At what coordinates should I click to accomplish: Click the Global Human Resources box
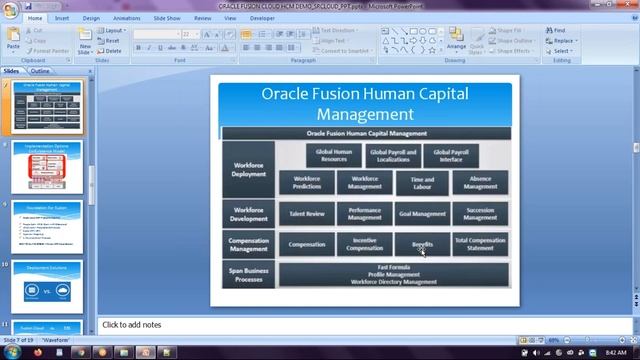[333, 155]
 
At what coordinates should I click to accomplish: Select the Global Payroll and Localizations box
[393, 155]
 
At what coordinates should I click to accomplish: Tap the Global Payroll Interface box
[451, 155]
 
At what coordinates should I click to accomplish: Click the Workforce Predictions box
[307, 182]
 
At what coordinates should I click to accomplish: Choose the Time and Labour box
[422, 182]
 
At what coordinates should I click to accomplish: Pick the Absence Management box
[480, 182]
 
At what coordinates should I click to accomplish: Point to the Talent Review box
[307, 213]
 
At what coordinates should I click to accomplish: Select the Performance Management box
[365, 213]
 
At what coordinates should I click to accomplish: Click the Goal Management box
[422, 213]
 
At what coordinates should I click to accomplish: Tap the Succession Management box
[480, 213]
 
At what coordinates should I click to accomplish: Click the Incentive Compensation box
[365, 244]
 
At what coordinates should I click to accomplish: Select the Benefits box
[422, 244]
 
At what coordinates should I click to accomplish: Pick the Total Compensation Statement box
[480, 244]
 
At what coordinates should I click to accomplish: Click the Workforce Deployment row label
[249, 168]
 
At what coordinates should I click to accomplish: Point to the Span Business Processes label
[249, 274]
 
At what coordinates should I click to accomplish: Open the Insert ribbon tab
[62, 18]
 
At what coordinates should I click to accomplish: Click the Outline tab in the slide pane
[40, 72]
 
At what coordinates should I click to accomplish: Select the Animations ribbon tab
[127, 18]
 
